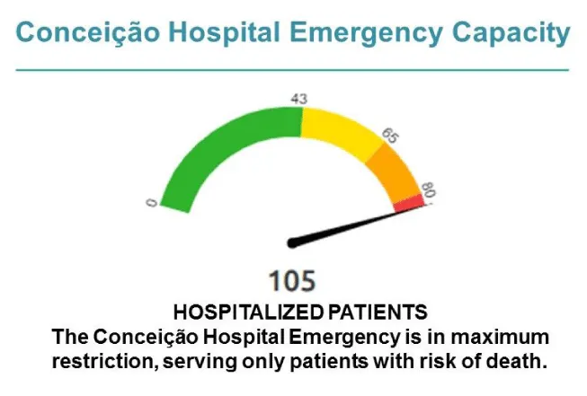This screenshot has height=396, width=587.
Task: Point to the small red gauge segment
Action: pos(409,204)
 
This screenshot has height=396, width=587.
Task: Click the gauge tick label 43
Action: pos(298,99)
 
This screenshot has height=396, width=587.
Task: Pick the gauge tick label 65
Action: pos(390,136)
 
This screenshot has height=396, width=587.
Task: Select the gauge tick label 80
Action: pos(428,190)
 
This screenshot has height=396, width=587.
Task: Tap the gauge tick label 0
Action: pos(151,203)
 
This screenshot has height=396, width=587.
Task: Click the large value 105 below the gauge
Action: pos(292,280)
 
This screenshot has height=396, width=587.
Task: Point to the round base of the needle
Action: pos(292,243)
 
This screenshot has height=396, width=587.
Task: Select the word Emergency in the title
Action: pos(366,33)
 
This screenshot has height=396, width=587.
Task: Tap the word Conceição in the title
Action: pos(87,33)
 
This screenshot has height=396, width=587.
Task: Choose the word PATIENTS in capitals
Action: pos(378,312)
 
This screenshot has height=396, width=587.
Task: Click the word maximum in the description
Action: pos(500,337)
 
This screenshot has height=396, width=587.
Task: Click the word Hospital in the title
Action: pos(224,33)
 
